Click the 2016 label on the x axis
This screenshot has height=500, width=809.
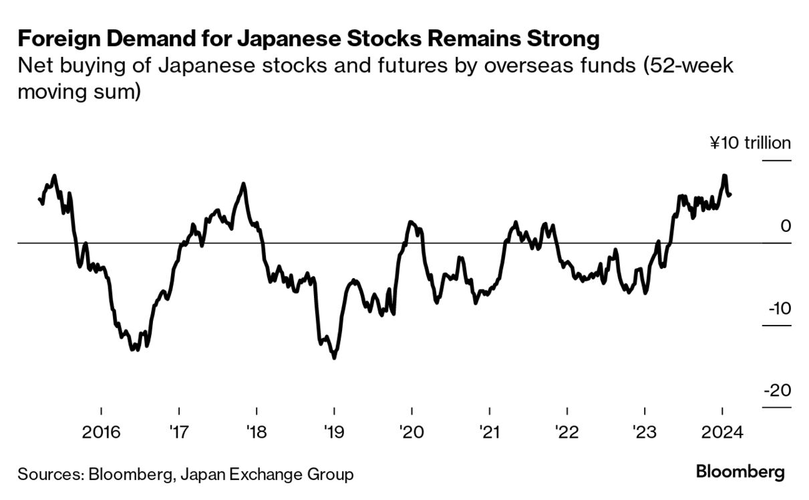[x=101, y=431]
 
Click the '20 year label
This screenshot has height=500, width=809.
[x=412, y=431]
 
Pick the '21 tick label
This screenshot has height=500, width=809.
[x=490, y=431]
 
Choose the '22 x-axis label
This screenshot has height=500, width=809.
[x=567, y=431]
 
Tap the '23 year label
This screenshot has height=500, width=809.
[x=645, y=431]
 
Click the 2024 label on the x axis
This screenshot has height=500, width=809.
[x=722, y=431]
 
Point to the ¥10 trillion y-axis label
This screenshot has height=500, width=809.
[x=750, y=143]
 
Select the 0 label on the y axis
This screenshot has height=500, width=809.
[x=786, y=226]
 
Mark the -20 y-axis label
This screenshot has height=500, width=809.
[x=777, y=390]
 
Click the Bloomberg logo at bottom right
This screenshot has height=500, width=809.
[x=740, y=472]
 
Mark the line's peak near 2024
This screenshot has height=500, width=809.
[x=724, y=176]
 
